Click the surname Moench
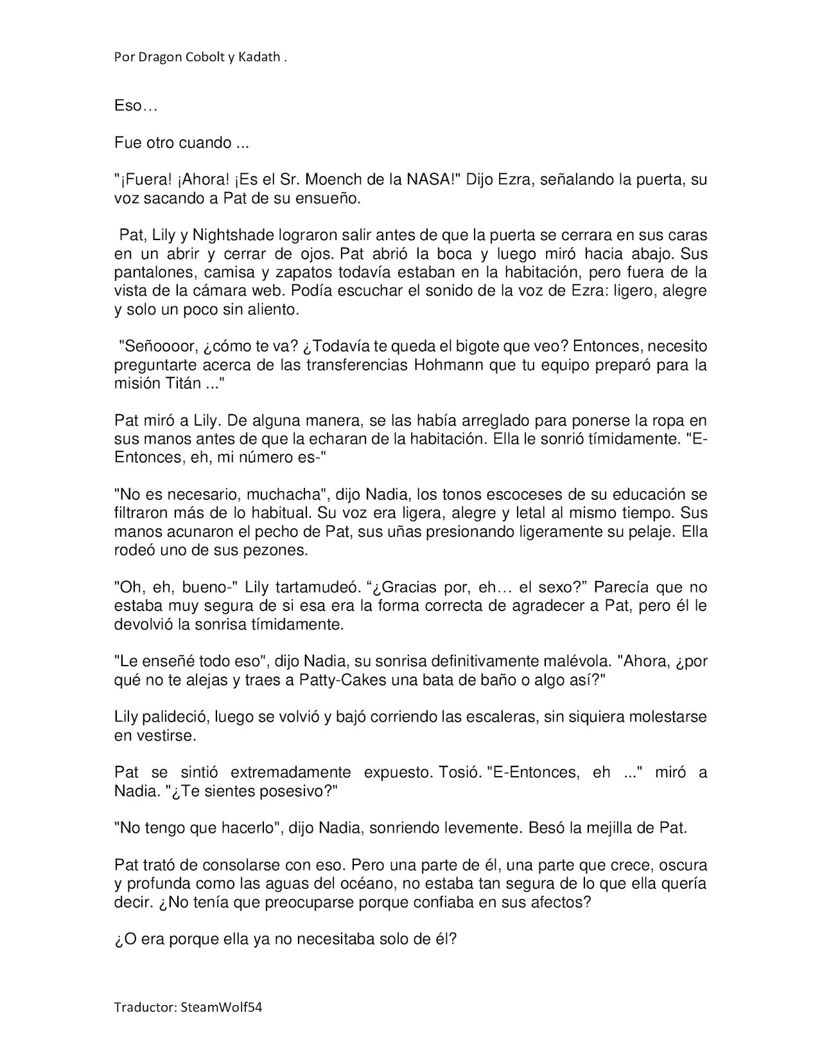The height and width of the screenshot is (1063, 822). (x=323, y=180)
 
